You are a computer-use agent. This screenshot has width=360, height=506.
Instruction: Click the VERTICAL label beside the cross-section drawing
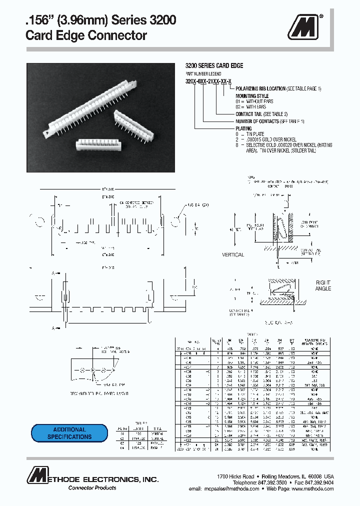click(x=233, y=255)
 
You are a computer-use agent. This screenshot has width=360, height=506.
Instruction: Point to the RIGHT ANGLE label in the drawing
click(x=323, y=285)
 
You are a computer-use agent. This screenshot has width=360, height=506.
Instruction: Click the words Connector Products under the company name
click(x=92, y=488)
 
